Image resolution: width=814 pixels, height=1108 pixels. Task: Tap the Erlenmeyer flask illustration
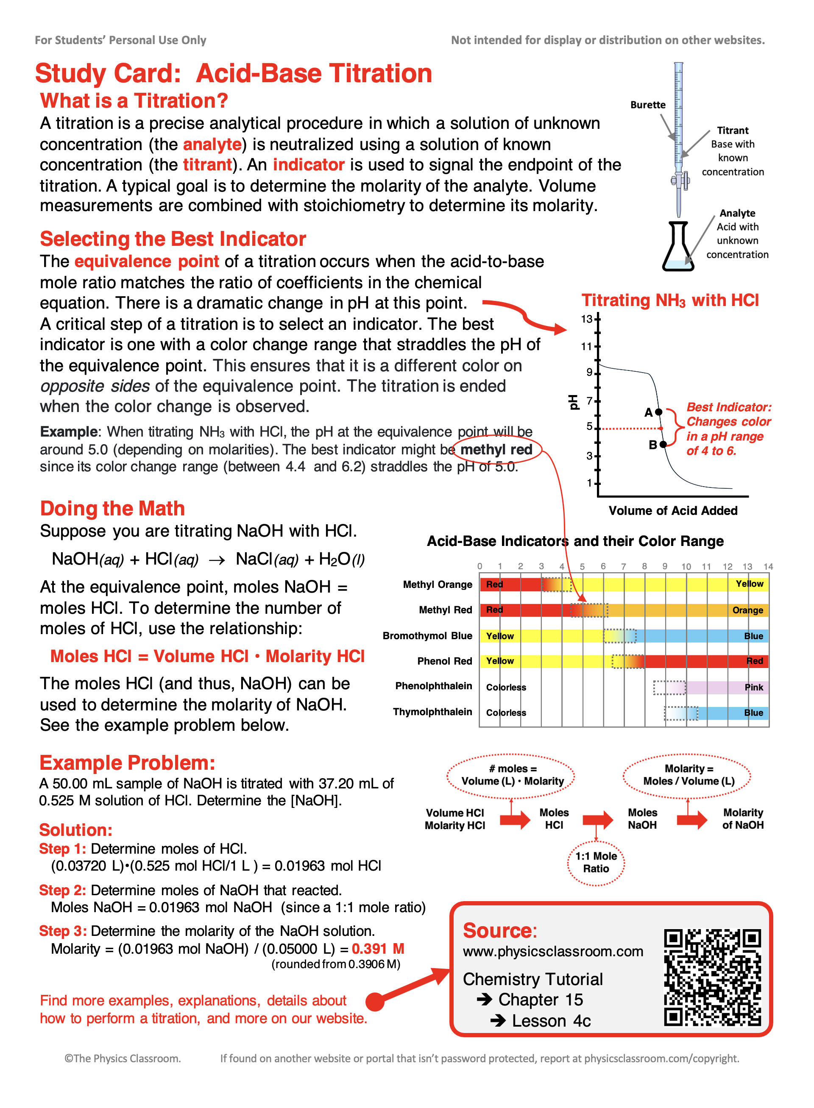678,248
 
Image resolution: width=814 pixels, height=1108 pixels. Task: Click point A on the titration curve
659,412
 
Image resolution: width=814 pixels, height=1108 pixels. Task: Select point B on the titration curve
663,444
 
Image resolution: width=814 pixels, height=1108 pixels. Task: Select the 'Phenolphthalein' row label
433,686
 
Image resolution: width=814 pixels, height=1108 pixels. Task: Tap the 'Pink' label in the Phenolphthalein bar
753,687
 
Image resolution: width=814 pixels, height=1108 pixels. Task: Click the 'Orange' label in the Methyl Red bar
747,610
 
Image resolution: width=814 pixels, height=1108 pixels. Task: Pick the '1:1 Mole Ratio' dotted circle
596,862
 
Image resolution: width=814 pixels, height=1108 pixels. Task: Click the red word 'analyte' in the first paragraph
212,145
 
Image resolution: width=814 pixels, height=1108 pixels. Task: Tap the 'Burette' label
647,105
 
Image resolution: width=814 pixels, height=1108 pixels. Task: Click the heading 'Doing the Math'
112,508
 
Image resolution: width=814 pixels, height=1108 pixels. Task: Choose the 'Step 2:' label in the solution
63,890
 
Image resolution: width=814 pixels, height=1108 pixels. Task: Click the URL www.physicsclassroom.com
553,951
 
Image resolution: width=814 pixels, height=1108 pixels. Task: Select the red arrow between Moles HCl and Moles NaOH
598,820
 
